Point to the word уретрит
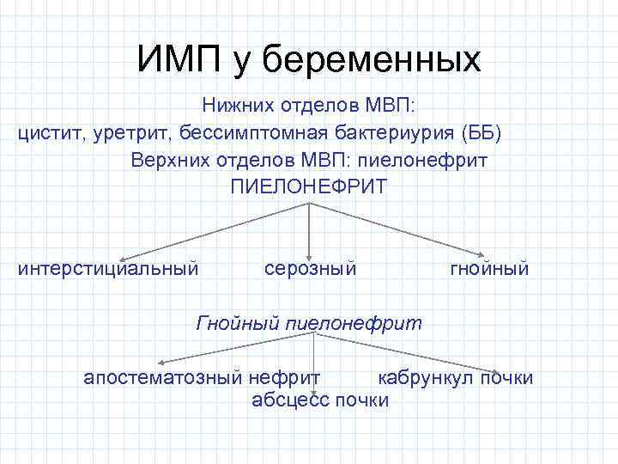coord(133,133)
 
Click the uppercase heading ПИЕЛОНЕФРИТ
coord(308,186)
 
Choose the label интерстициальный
coord(108,269)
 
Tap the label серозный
coord(310,269)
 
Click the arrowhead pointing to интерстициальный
coord(123,257)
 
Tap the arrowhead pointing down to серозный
coord(309,249)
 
